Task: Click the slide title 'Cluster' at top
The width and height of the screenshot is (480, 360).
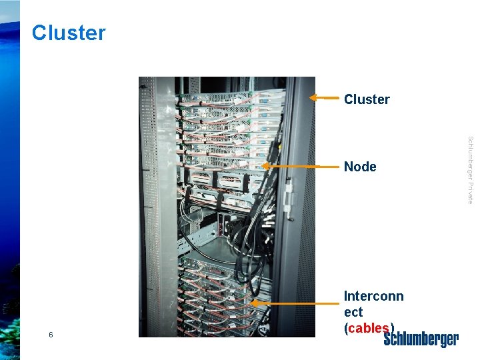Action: pyautogui.click(x=69, y=33)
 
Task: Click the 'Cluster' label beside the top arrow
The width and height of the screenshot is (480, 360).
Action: pyautogui.click(x=367, y=99)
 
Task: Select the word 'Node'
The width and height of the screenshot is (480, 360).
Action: pyautogui.click(x=360, y=167)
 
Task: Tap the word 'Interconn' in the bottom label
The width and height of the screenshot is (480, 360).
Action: pyautogui.click(x=373, y=296)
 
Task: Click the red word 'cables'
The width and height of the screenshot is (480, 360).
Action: pyautogui.click(x=369, y=327)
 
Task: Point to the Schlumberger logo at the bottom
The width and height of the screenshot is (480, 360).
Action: pyautogui.click(x=421, y=340)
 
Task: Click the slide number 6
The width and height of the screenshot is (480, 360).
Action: pyautogui.click(x=51, y=335)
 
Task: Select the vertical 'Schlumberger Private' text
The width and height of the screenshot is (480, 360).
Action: pyautogui.click(x=470, y=170)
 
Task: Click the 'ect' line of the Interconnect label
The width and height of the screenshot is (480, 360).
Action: pyautogui.click(x=353, y=312)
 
